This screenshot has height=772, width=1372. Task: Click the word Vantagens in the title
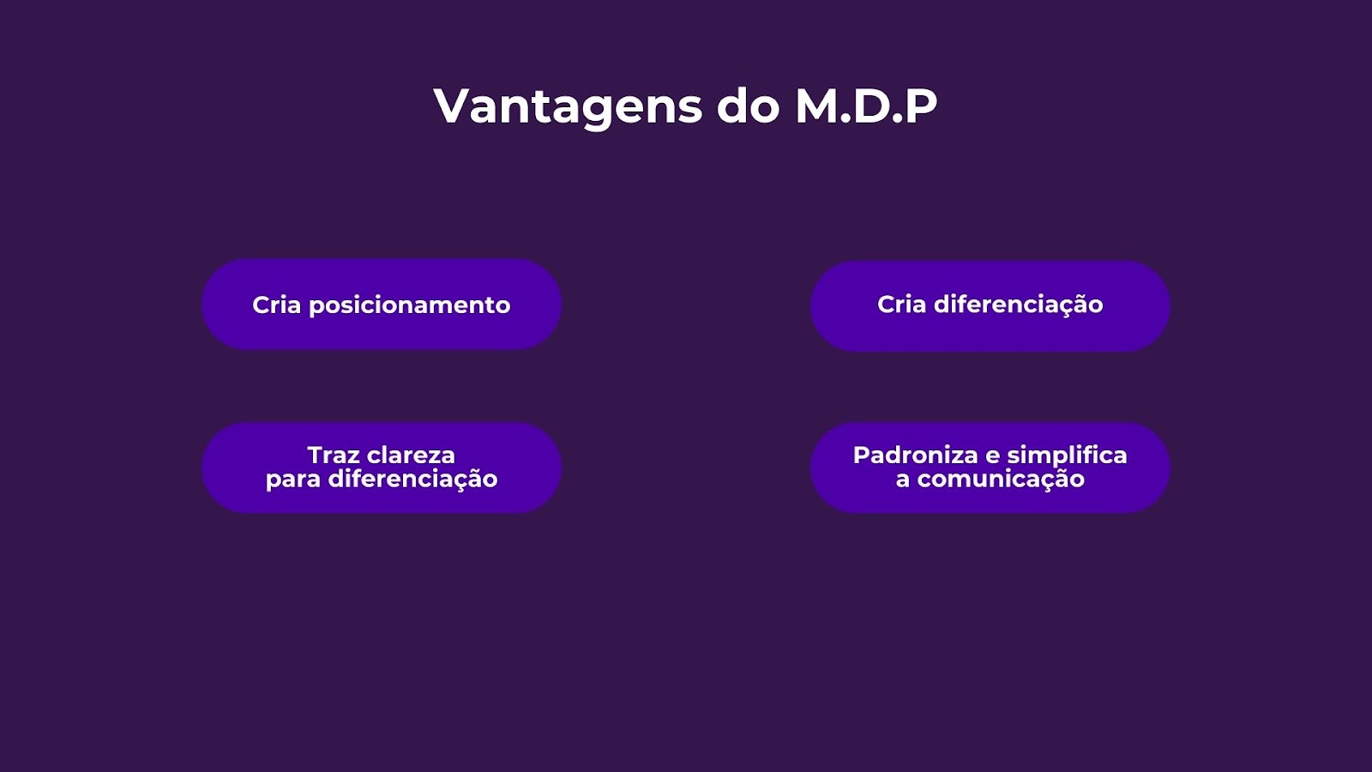568,107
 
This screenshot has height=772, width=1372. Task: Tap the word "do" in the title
749,106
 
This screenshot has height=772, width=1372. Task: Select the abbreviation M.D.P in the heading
866,106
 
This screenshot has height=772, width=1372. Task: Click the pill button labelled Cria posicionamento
382,305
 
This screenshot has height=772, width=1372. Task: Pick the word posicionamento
410,305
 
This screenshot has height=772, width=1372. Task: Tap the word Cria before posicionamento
277,305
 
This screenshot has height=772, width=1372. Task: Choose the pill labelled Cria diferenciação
990,305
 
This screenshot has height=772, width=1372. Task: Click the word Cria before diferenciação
901,304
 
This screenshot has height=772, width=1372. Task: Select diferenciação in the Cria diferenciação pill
1019,305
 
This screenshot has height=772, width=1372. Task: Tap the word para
293,479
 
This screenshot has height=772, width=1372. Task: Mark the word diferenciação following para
413,479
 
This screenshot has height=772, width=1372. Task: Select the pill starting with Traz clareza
382,467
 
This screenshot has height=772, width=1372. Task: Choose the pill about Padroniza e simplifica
990,467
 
